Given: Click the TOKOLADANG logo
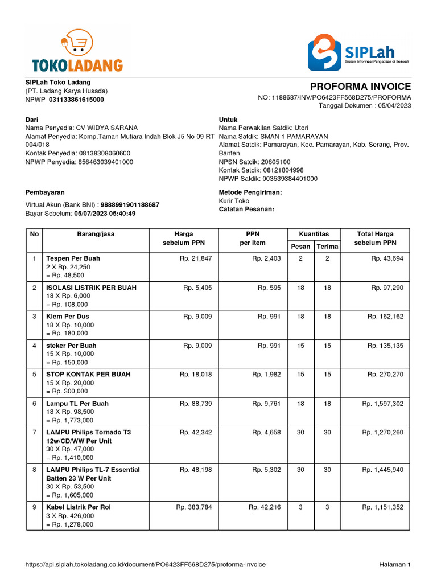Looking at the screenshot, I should click(77, 52).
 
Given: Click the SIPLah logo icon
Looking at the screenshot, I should click(325, 52).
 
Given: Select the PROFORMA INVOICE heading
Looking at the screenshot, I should click(360, 87).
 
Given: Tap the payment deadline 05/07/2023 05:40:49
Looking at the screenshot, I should click(105, 214).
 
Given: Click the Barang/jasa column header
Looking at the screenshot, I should click(96, 234).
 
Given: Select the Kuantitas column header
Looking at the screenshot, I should click(314, 234).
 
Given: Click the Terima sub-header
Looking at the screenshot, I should click(327, 247).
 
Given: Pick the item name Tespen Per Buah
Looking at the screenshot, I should click(73, 258).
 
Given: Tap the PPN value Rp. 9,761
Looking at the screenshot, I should click(266, 403).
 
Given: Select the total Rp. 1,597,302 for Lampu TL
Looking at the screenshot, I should click(382, 403).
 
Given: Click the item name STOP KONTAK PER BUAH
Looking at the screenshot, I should click(88, 374).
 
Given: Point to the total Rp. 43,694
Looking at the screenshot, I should click(387, 258).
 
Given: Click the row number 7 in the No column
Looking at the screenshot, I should click(35, 432).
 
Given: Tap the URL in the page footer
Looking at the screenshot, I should click(146, 565).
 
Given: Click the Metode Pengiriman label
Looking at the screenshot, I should click(250, 192).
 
